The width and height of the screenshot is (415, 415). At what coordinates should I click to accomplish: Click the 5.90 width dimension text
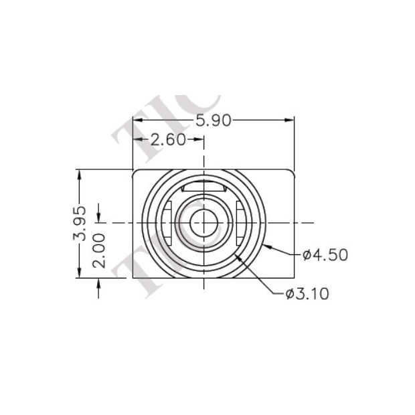tap(214, 120)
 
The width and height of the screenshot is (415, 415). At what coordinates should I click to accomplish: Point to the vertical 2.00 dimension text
tap(99, 250)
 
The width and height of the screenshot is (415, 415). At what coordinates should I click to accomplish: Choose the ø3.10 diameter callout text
tap(307, 293)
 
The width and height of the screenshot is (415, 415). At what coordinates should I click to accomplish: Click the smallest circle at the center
tap(203, 222)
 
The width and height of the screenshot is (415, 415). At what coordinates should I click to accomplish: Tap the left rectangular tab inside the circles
tap(167, 222)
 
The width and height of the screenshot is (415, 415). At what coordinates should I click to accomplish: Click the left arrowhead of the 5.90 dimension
tap(137, 120)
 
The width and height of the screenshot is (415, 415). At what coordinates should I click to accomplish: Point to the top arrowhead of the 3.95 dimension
tap(80, 173)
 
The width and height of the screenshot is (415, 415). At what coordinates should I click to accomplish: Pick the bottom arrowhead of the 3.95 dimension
tap(80, 275)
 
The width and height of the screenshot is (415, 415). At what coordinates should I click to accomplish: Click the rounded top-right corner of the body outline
tap(293, 172)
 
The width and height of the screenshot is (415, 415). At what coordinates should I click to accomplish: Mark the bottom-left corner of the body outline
tap(133, 279)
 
